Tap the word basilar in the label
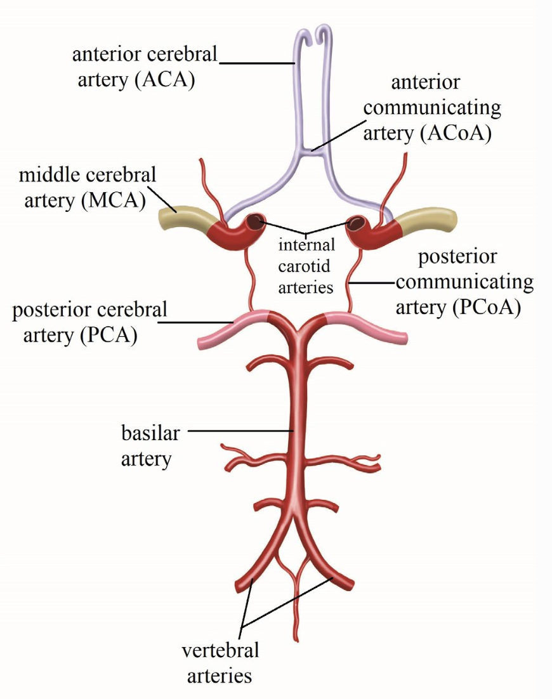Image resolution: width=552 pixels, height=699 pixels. point(151,434)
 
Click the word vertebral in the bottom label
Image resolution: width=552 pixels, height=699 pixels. point(220,650)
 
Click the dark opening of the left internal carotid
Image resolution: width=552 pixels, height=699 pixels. point(256,222)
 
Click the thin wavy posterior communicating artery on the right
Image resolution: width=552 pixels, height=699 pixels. point(353,279)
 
